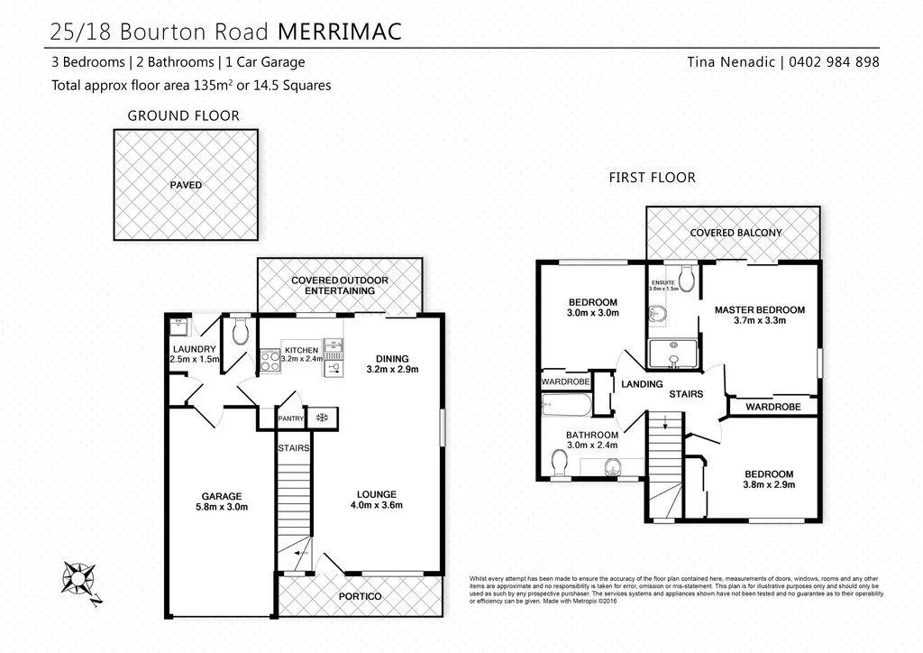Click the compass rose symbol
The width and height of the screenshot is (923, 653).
coord(80,578)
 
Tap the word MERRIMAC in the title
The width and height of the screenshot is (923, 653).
coord(338,32)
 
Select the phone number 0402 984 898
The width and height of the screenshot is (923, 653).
coord(834,62)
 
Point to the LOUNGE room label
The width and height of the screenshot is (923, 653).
coord(377,493)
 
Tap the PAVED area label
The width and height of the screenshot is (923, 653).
coord(186,185)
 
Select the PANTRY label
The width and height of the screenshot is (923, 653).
coord(291,418)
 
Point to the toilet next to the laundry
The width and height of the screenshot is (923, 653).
coord(240,333)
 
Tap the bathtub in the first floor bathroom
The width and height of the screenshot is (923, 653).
coord(566,405)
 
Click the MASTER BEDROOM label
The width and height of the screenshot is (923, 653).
coord(759,309)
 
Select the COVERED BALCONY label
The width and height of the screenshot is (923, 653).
coord(736,233)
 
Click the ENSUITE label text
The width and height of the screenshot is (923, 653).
coord(662,282)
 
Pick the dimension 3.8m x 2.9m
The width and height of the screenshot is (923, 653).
coord(768,484)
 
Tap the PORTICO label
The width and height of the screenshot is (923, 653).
coord(359,597)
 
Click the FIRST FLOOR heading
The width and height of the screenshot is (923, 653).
coord(653,178)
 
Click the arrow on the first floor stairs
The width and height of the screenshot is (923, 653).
coord(664,421)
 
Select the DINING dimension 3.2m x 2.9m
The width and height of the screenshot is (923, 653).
coord(392,369)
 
